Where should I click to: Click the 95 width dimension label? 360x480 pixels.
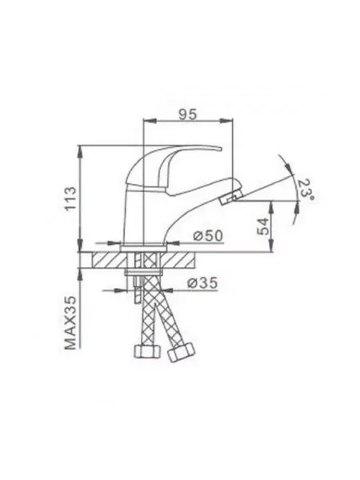[x=188, y=114]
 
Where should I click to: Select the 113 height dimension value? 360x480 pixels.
[x=70, y=198]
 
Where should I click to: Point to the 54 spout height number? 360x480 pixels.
[x=263, y=226]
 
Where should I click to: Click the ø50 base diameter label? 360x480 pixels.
[x=208, y=236]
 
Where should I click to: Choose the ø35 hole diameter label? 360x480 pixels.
[x=202, y=282]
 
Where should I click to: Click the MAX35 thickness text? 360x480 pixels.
[x=70, y=322]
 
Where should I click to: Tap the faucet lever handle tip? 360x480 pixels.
[x=218, y=149]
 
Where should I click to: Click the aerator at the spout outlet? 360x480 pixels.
[x=232, y=197]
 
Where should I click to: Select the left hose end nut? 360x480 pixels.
[x=148, y=351]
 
